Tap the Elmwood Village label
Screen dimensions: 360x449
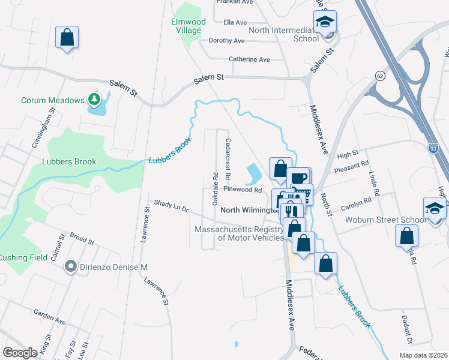[x=188, y=26]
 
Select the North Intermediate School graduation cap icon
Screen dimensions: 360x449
[x=325, y=23]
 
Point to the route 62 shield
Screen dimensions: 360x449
[x=379, y=76]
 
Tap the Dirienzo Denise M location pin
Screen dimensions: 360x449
[x=71, y=266]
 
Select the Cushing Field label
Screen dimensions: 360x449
[x=22, y=257]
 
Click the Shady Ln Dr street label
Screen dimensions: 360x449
[x=171, y=206]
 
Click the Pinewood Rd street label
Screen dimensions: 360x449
[x=243, y=190]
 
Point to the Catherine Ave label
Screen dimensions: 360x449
[x=249, y=59]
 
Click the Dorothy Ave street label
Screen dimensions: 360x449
[x=226, y=41]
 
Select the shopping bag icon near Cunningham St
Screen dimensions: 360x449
[x=67, y=37]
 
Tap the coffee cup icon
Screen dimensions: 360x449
[x=298, y=178]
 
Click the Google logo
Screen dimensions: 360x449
[x=20, y=353]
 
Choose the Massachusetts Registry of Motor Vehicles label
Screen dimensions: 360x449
[x=239, y=233]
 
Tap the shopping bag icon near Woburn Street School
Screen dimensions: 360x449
[x=406, y=235]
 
